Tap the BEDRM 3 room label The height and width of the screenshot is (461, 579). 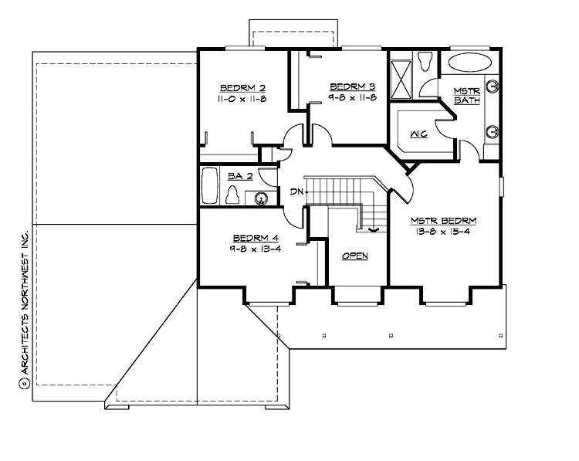click(352, 86)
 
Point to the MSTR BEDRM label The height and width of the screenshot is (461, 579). click(444, 219)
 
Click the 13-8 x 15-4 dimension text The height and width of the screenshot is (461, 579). click(444, 232)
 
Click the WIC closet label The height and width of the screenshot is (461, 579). click(418, 134)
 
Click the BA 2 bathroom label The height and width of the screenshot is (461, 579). click(236, 176)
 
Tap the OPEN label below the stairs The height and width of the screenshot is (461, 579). click(354, 256)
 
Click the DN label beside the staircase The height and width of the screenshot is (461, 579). click(296, 191)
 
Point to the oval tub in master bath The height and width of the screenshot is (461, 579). click(472, 63)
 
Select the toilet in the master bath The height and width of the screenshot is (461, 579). click(428, 60)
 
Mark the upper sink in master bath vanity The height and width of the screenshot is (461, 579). click(491, 86)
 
